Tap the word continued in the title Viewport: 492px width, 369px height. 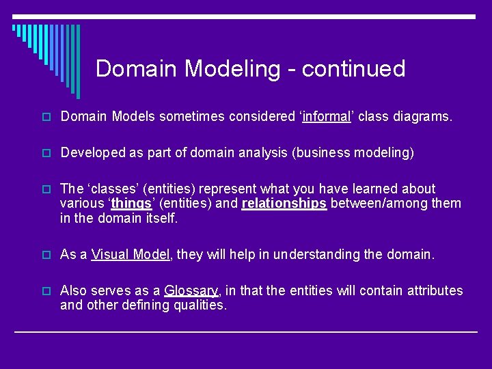click(x=353, y=68)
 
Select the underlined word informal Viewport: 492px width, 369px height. click(x=327, y=117)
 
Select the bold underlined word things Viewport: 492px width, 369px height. click(x=131, y=204)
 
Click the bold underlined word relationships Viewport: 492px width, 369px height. click(x=284, y=204)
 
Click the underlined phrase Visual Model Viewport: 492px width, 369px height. click(x=130, y=254)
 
